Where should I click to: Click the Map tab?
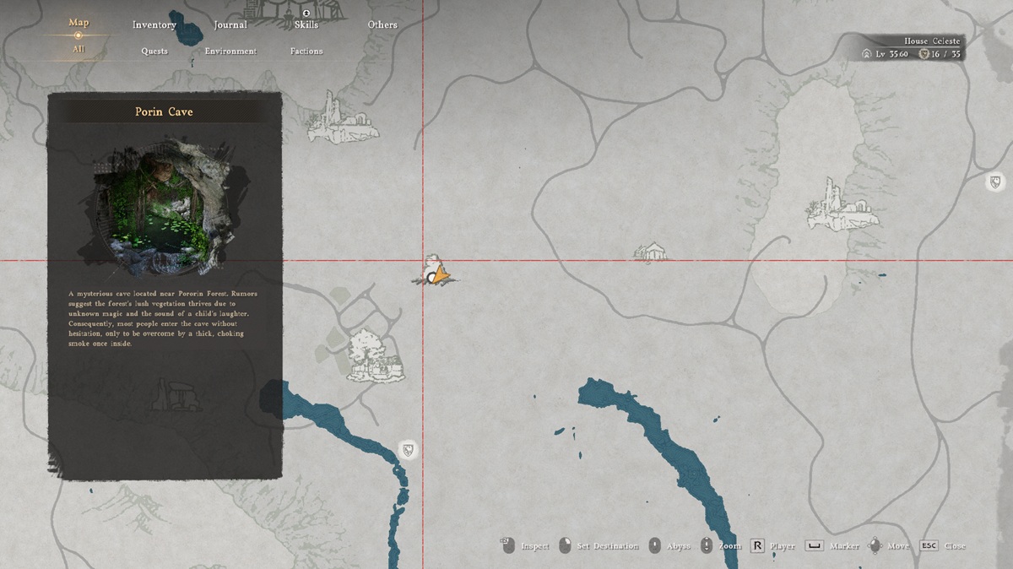click(78, 23)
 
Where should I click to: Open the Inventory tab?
click(154, 24)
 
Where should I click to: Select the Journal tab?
click(230, 24)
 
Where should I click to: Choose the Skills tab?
click(306, 24)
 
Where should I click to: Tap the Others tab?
click(382, 24)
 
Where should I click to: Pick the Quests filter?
click(154, 51)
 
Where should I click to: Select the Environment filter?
click(230, 51)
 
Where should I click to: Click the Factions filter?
click(306, 51)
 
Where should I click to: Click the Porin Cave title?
click(164, 111)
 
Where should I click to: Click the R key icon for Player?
click(757, 546)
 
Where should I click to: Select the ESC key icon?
click(929, 546)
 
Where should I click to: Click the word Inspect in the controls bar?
click(535, 546)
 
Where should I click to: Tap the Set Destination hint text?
click(607, 546)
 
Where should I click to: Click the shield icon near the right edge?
click(996, 182)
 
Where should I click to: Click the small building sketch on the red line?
click(651, 251)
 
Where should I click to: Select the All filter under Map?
click(78, 50)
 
